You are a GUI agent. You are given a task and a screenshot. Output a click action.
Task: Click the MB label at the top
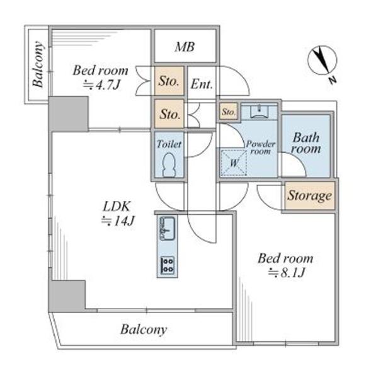[x=185, y=47]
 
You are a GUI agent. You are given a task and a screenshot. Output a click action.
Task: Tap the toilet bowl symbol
[x=169, y=165]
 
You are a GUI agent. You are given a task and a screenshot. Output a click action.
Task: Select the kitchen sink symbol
[x=168, y=228]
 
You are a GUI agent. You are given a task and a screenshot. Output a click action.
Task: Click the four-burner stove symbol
[x=168, y=265]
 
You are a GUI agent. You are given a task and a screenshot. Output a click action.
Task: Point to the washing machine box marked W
[x=234, y=163]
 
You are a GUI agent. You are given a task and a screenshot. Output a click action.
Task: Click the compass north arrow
[x=322, y=60]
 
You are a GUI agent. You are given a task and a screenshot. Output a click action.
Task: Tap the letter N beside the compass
[x=333, y=80]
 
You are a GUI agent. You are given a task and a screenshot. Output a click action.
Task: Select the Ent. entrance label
[x=202, y=84]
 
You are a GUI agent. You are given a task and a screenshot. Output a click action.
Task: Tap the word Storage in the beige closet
[x=309, y=195]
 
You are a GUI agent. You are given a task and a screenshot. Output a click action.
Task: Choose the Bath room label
[x=306, y=143]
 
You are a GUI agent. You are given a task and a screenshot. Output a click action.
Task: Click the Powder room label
[x=260, y=147]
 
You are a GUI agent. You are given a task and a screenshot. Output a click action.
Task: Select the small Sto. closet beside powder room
[x=229, y=112]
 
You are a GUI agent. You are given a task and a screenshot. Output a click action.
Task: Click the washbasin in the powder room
[x=259, y=112]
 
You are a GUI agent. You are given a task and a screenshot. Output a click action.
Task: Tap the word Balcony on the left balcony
[x=38, y=65]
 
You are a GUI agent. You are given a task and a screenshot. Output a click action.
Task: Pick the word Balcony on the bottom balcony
[x=144, y=329]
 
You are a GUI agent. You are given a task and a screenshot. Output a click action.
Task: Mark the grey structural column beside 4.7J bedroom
[x=69, y=114]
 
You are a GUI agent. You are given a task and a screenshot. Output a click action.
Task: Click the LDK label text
[x=117, y=207]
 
